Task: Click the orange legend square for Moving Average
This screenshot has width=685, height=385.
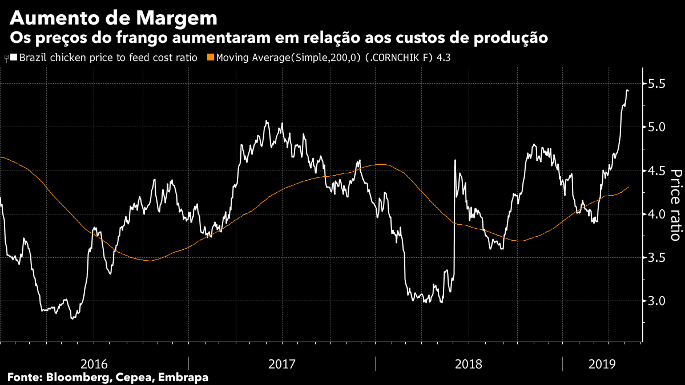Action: (x=211, y=58)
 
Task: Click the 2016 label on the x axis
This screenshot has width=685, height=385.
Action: (x=95, y=363)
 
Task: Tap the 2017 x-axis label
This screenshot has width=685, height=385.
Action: (x=281, y=363)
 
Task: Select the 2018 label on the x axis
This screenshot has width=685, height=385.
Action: (x=469, y=363)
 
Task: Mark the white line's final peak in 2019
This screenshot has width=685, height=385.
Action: (x=627, y=90)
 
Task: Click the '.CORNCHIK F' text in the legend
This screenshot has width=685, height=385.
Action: (x=403, y=58)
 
